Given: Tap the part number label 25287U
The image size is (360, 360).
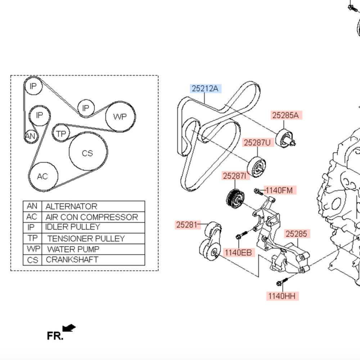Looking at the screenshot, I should pyautogui.click(x=257, y=143).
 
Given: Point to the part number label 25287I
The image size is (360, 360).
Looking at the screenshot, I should pyautogui.click(x=236, y=176).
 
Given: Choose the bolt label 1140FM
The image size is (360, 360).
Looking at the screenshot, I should pyautogui.click(x=279, y=190).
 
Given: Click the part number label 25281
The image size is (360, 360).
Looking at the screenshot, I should pyautogui.click(x=187, y=225).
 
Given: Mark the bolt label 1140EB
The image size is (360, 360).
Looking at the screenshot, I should pyautogui.click(x=238, y=252).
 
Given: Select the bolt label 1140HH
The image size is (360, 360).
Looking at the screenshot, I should pyautogui.click(x=283, y=296).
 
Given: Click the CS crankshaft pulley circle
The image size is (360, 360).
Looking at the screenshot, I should pyautogui.click(x=88, y=153).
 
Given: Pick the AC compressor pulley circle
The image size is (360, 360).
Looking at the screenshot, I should pyautogui.click(x=43, y=176).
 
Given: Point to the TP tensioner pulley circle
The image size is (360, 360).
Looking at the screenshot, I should pyautogui.click(x=61, y=134).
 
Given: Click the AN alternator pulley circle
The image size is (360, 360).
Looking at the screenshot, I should pyautogui.click(x=30, y=136).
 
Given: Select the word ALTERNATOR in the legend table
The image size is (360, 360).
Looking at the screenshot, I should pyautogui.click(x=71, y=207).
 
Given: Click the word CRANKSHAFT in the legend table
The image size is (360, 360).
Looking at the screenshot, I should pyautogui.click(x=72, y=260).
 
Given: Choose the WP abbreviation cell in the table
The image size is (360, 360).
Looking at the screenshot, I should pyautogui.click(x=32, y=249).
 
